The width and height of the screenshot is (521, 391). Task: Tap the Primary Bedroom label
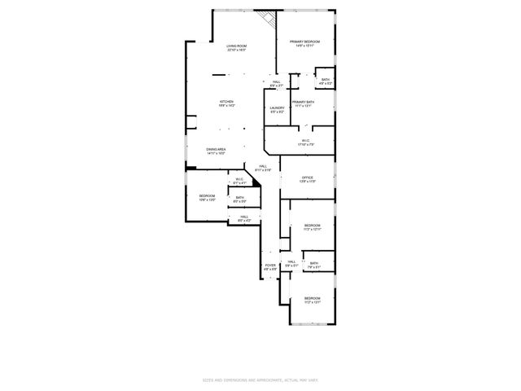[x=304, y=43]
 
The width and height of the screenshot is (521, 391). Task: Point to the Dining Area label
[x=216, y=151]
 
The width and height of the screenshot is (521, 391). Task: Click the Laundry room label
[x=277, y=109]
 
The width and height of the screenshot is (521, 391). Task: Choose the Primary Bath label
[x=303, y=103]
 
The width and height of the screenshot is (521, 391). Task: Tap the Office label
[x=307, y=180]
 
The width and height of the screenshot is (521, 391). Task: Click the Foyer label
[x=270, y=266]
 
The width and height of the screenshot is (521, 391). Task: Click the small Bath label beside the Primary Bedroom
[x=325, y=81]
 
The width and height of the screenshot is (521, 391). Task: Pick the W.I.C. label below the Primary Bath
[x=305, y=143]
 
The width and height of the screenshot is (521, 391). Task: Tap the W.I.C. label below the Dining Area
[x=239, y=181]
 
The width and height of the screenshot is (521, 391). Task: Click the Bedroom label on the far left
[x=207, y=197]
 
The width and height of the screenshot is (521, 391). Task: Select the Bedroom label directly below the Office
[x=313, y=226]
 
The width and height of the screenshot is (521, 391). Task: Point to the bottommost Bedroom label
[x=313, y=300]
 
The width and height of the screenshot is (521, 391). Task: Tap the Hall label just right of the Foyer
[x=291, y=263]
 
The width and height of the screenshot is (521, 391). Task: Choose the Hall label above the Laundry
[x=277, y=83]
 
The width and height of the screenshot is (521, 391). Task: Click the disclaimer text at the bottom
[x=260, y=380]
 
